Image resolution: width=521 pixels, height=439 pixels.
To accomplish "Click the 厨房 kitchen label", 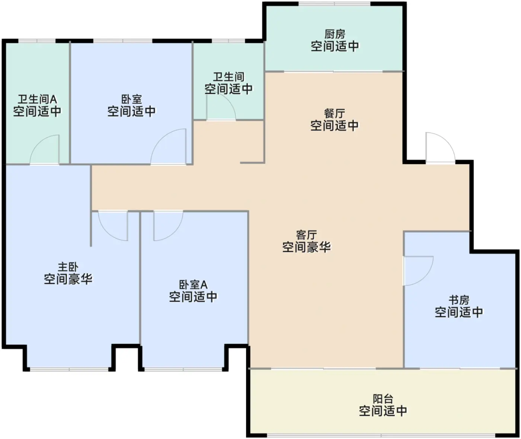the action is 335,34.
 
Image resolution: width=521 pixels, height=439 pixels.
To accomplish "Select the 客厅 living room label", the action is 306,235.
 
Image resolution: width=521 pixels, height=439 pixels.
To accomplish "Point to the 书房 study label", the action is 459,300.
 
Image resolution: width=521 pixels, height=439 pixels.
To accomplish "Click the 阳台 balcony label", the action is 383,399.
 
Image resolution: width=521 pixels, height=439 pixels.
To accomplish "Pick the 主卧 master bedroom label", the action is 68,267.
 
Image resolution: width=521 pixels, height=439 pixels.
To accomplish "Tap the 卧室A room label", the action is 193,285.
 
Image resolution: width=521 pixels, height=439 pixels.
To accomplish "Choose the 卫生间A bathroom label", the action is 37,99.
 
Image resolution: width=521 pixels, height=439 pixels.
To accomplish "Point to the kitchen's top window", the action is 334,4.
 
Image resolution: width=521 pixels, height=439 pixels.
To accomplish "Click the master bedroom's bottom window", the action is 69,369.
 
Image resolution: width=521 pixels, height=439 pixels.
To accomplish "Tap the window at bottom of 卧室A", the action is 183,369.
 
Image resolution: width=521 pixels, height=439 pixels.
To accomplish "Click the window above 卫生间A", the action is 37,41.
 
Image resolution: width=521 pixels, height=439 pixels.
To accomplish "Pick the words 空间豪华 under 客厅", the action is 306,247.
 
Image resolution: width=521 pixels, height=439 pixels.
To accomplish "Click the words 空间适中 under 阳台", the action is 383,411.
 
